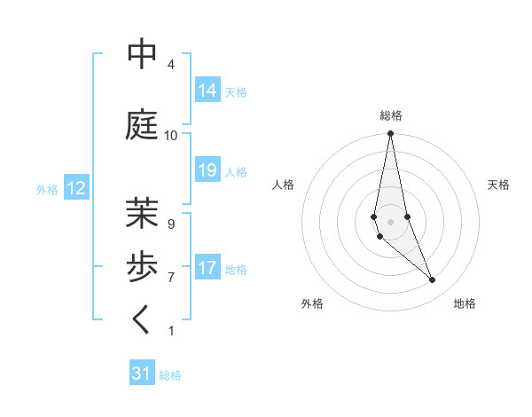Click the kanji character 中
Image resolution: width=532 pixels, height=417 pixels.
point(143,55)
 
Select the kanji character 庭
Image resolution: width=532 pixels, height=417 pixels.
point(143,125)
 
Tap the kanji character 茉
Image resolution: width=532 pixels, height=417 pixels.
point(143,214)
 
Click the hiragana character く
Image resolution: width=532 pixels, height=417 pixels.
point(143,320)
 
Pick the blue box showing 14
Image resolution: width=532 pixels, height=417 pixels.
point(207,90)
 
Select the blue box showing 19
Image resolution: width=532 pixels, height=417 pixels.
point(207,170)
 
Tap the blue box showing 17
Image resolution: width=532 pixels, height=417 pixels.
point(207,268)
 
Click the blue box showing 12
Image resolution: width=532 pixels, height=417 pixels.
point(76,188)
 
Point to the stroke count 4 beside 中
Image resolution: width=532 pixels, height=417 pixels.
point(170,65)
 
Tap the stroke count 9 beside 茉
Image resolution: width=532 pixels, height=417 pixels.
point(170,224)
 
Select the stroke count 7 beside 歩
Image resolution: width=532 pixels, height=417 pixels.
point(170,278)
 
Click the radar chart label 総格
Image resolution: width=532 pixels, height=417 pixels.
point(391,115)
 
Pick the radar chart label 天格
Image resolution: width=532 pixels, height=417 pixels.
point(498,185)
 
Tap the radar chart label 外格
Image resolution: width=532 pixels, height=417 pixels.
point(312,303)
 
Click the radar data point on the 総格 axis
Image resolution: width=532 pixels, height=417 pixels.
point(391,134)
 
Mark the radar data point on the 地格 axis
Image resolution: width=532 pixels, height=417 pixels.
point(433,280)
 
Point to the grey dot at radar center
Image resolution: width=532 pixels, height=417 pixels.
point(391,221)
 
